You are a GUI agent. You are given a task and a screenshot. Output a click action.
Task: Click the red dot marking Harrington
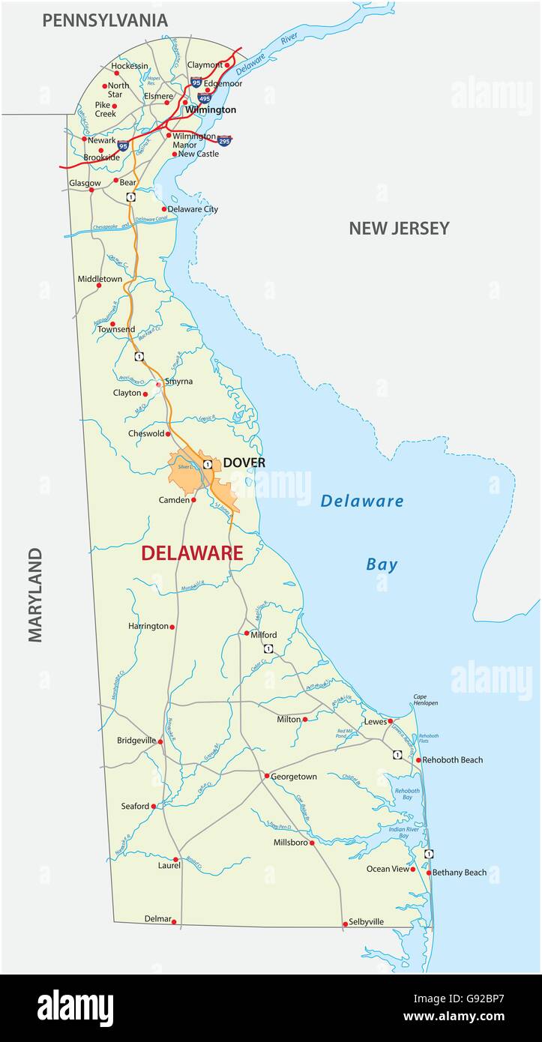point(172,627)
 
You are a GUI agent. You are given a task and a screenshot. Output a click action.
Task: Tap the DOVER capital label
point(244,463)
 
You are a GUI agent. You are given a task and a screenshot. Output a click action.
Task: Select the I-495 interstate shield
point(205,97)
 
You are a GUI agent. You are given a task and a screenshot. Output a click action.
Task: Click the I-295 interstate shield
point(224,139)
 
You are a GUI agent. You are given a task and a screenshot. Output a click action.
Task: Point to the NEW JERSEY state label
point(399,229)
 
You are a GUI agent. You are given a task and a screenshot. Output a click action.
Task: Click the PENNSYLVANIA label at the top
point(104,20)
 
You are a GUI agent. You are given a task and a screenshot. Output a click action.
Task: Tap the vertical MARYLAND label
point(35,594)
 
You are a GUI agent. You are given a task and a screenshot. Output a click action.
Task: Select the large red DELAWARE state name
point(192,553)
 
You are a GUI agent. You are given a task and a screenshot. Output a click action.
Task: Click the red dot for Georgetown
point(265,776)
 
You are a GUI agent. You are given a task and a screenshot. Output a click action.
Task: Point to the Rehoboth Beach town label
point(453,759)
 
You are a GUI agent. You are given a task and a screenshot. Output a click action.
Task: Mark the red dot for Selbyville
point(345,924)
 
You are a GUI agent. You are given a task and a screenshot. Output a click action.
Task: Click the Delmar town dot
point(174,921)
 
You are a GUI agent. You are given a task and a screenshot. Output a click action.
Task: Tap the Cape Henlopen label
point(425,699)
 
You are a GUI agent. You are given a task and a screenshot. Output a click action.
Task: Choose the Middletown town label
point(100,279)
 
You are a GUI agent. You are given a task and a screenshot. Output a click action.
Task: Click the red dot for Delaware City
point(164,209)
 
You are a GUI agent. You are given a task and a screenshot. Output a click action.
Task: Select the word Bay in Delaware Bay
point(382,564)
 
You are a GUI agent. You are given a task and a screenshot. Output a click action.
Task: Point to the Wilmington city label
point(211,109)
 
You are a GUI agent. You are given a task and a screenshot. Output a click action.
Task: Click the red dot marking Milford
point(246,633)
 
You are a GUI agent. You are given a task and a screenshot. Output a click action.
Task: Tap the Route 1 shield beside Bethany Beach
point(429,854)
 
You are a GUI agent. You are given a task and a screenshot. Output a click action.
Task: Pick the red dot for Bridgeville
point(160,741)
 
